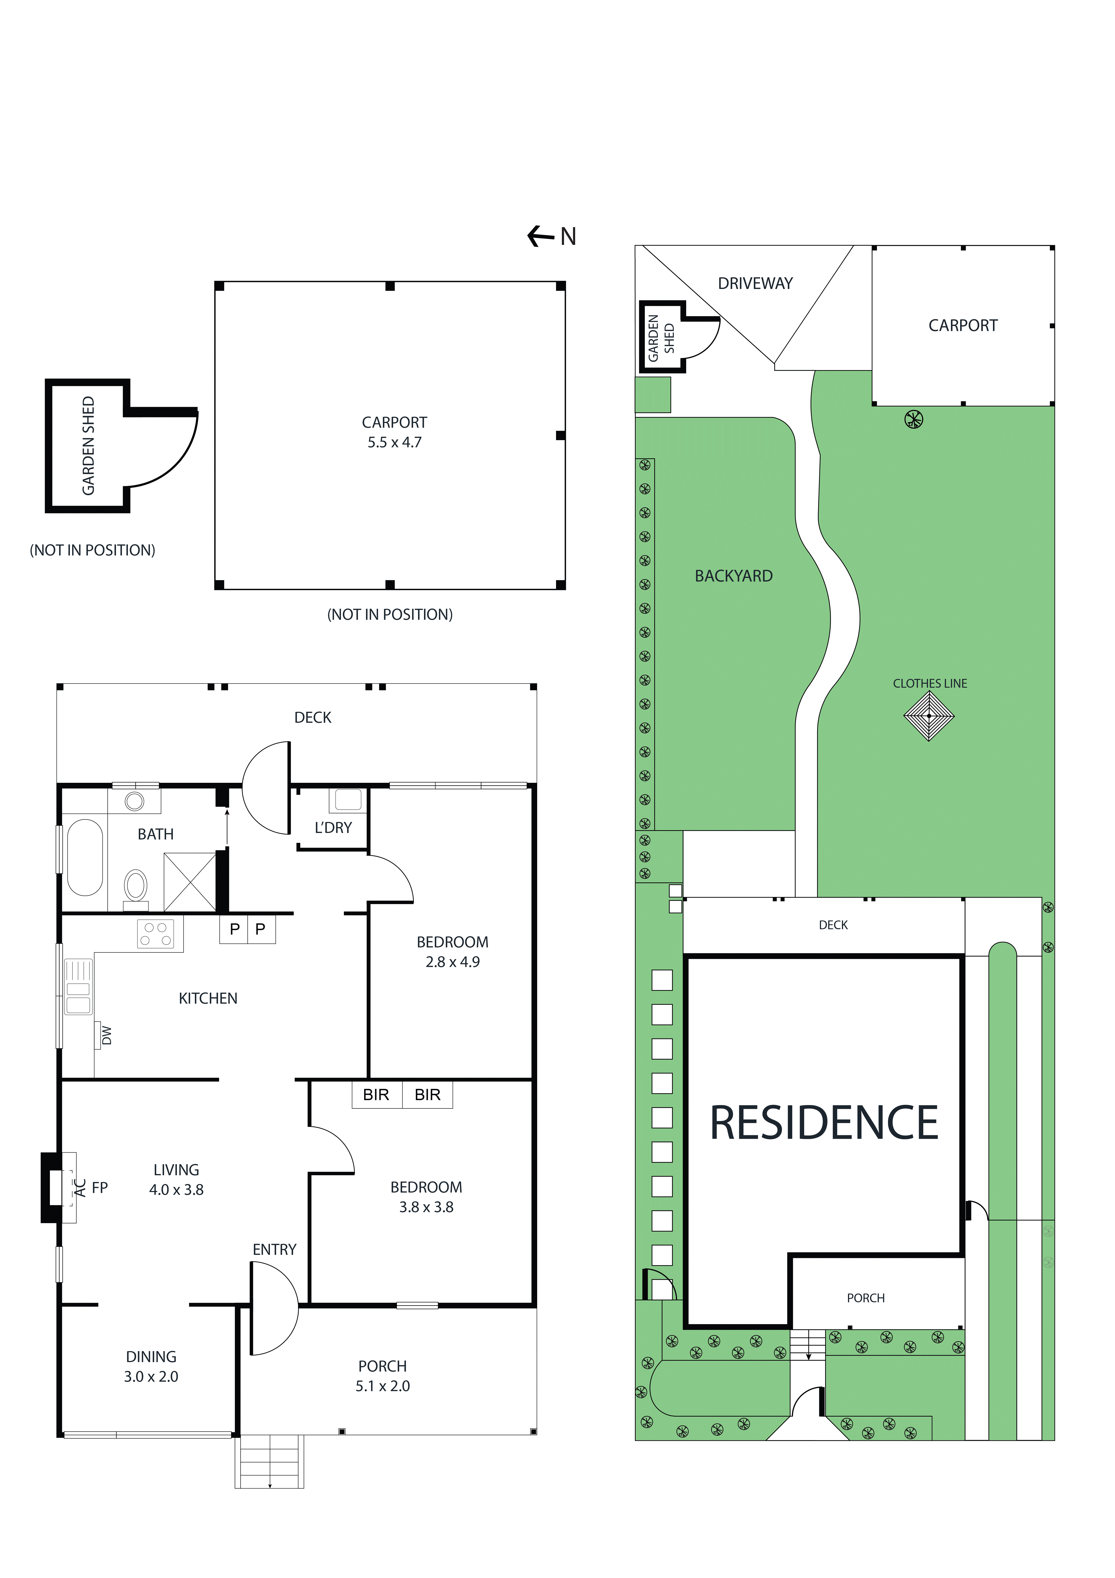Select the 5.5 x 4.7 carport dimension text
[x=394, y=443]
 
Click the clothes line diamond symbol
[x=929, y=715]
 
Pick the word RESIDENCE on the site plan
[x=824, y=1123]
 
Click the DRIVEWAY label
[x=755, y=283]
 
